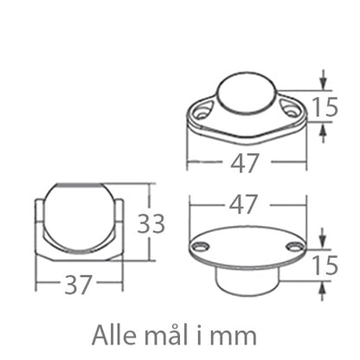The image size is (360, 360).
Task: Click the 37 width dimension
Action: [79, 285]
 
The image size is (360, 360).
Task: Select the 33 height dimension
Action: [153, 224]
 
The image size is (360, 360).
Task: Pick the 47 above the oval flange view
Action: [244, 205]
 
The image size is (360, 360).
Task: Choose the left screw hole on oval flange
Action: [201, 247]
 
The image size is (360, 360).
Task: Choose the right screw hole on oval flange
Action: [295, 247]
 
